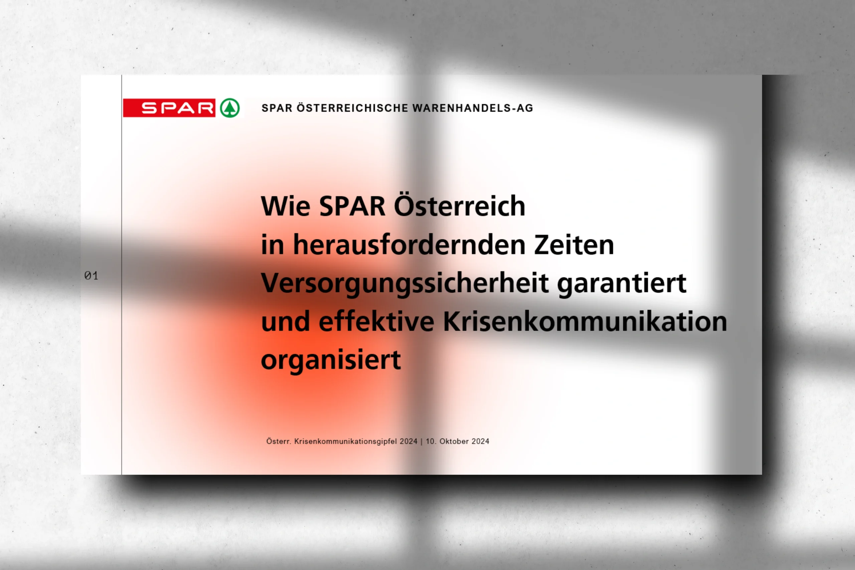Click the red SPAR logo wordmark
(x=169, y=108)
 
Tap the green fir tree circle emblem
(x=230, y=108)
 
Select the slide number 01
(x=91, y=276)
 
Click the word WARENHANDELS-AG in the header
(x=473, y=108)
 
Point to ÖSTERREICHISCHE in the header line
(x=353, y=108)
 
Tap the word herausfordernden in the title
(x=409, y=245)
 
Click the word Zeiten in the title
(x=574, y=245)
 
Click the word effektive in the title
(x=377, y=321)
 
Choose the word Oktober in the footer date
(x=454, y=441)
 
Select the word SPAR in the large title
(x=352, y=206)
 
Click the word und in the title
(x=286, y=321)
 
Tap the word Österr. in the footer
(x=279, y=441)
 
